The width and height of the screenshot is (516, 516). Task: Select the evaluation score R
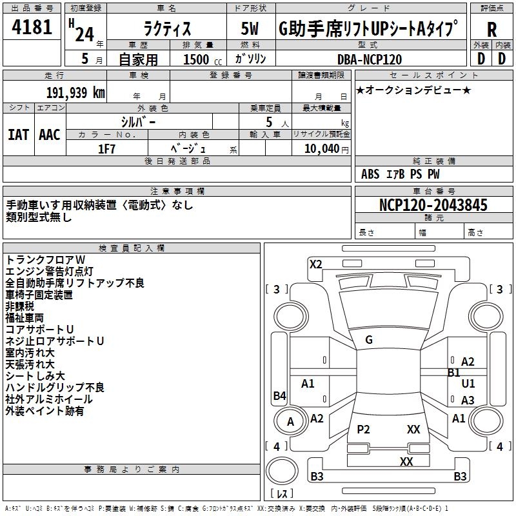(x=491, y=30)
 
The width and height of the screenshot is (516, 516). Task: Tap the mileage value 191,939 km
(x=75, y=92)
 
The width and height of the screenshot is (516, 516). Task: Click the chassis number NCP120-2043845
(x=433, y=206)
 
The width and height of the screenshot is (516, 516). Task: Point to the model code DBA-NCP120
(x=370, y=59)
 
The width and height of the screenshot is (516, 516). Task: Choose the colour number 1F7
(x=107, y=148)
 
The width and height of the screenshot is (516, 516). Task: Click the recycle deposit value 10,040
(x=320, y=148)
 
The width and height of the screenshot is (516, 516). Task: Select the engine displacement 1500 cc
(x=196, y=59)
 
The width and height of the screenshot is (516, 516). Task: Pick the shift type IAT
(x=19, y=134)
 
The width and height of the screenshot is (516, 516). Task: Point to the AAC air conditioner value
(x=50, y=134)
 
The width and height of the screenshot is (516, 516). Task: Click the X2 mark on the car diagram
(x=315, y=264)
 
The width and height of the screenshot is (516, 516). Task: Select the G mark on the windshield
(x=369, y=340)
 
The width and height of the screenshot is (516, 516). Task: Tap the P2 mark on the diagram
(x=363, y=430)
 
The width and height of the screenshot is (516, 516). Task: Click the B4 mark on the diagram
(x=279, y=396)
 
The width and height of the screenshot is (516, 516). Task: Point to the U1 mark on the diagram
(x=468, y=384)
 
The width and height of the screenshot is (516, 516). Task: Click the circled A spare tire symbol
(x=290, y=422)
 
